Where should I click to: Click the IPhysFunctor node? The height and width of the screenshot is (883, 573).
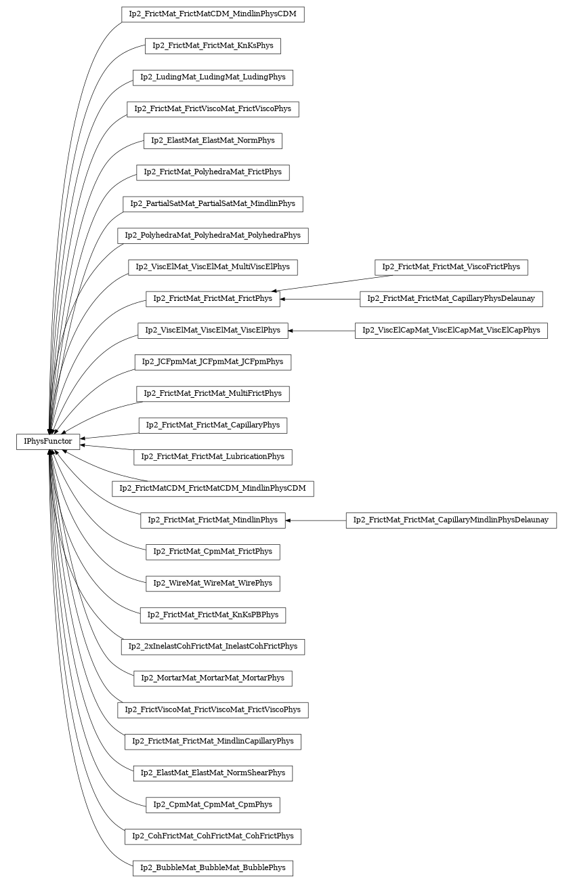click(x=48, y=441)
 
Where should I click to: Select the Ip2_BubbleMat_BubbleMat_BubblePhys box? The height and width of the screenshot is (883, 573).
click(x=213, y=867)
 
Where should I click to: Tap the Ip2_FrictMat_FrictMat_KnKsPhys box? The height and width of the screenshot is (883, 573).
click(x=213, y=46)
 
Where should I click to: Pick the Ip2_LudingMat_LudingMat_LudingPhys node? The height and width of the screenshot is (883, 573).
click(x=213, y=77)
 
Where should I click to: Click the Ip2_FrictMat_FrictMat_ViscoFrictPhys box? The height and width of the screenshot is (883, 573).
click(x=451, y=267)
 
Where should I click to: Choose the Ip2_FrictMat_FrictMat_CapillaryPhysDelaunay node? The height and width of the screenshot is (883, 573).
click(x=451, y=299)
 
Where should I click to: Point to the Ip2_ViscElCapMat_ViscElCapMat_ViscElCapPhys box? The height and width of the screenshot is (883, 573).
click(x=451, y=331)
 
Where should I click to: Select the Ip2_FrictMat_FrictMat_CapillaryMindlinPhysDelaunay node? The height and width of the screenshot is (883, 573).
click(x=451, y=520)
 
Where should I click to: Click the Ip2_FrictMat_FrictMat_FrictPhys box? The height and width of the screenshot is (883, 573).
click(x=213, y=299)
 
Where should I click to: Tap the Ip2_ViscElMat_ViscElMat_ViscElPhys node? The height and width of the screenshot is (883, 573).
click(x=213, y=331)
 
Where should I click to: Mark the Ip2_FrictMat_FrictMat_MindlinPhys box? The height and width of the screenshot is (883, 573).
click(x=213, y=520)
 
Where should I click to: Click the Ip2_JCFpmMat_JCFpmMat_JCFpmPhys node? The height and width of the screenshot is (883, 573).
click(x=213, y=362)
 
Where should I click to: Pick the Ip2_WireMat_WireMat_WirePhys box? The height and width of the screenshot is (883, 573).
click(x=213, y=583)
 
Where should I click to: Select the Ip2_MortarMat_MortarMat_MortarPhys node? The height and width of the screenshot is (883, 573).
click(x=213, y=678)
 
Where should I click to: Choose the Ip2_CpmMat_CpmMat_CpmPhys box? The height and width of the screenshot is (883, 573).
click(x=213, y=805)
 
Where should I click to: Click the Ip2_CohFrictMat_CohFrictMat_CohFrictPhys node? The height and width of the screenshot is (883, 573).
click(x=213, y=836)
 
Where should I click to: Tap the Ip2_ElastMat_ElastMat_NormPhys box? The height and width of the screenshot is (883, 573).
click(x=213, y=141)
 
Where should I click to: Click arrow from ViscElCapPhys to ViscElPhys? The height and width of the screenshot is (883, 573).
click(x=322, y=331)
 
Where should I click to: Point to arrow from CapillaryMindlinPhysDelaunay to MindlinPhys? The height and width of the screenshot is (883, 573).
click(x=316, y=520)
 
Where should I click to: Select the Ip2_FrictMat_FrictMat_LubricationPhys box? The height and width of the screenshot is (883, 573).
click(x=213, y=457)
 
